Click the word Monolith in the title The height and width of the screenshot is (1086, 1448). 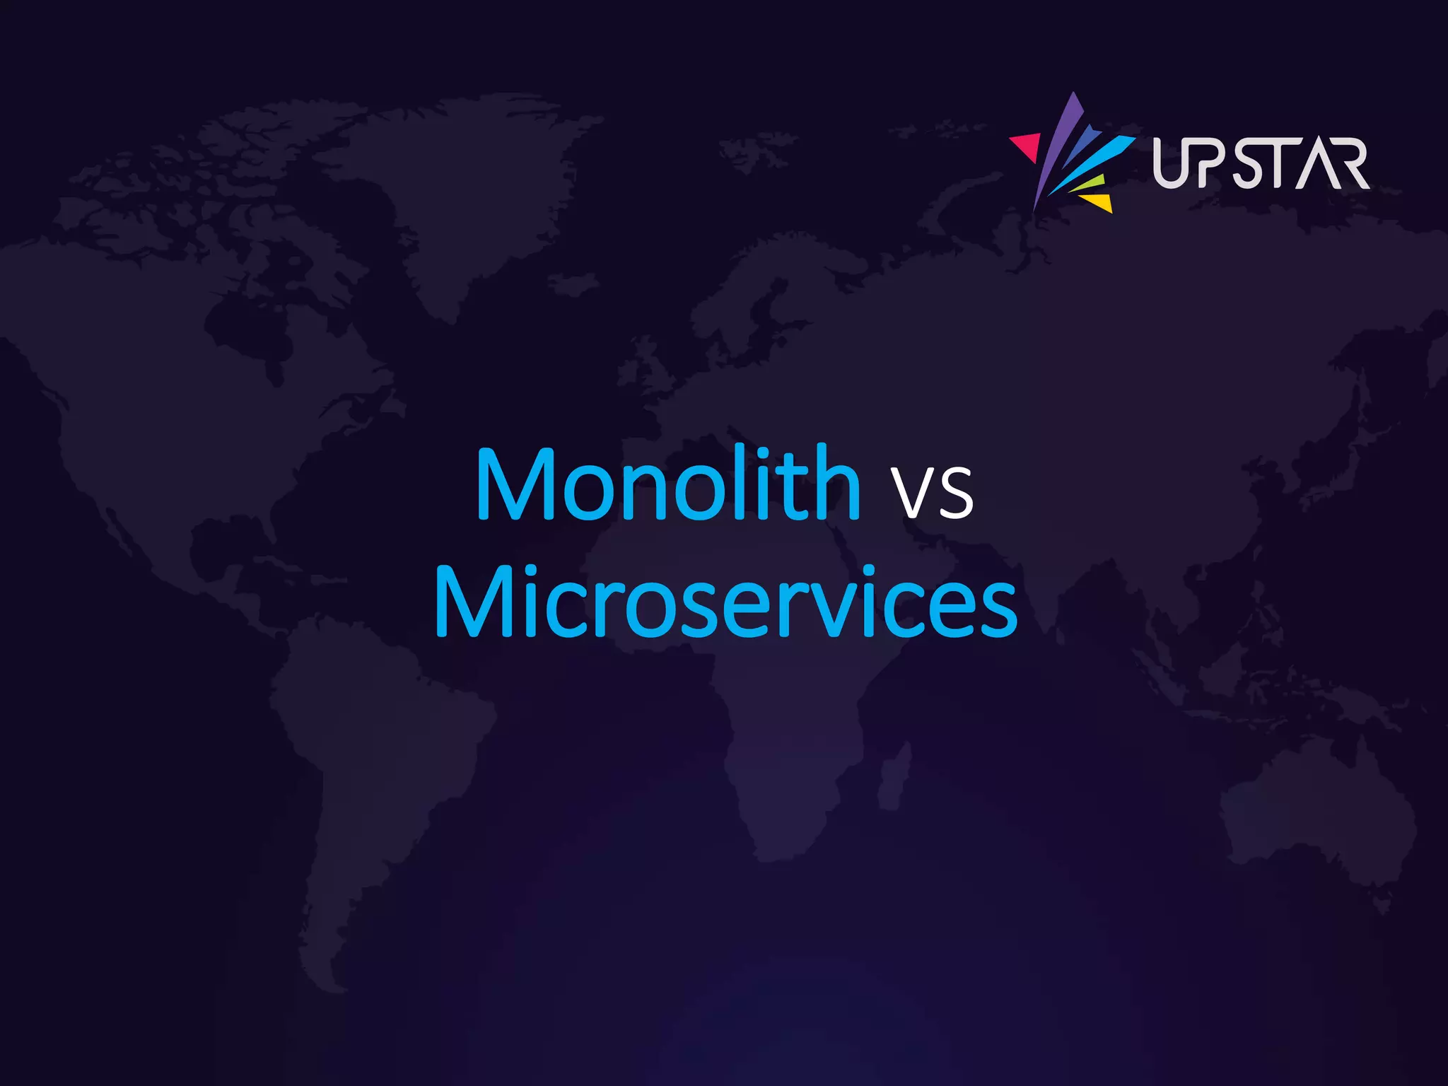click(x=668, y=484)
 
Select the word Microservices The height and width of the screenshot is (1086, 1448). click(x=725, y=602)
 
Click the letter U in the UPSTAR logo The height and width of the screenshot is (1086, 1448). click(x=1170, y=163)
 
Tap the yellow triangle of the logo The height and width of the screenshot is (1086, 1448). click(x=1099, y=202)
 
